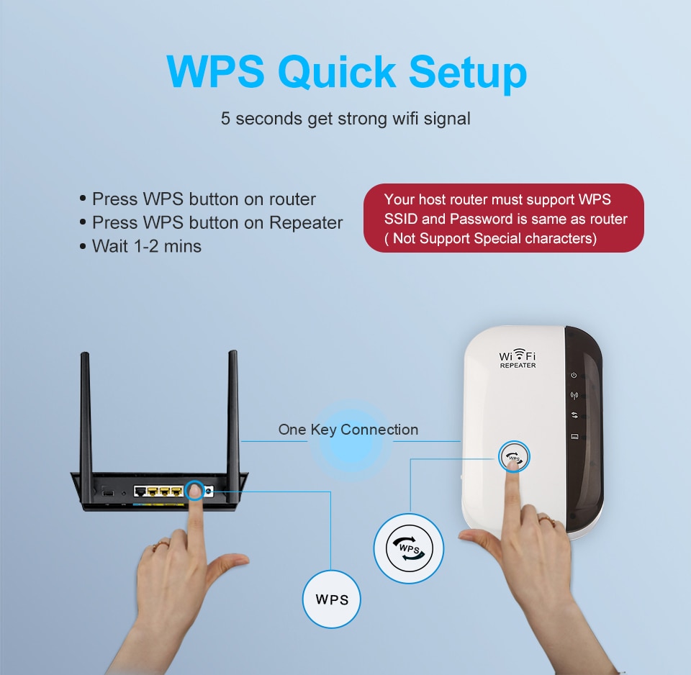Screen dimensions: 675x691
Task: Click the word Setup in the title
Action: [x=468, y=73]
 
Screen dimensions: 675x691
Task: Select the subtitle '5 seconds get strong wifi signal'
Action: [x=345, y=118]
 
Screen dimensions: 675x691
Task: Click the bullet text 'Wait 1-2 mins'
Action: [x=146, y=246]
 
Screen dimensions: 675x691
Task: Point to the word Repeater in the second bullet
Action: [x=306, y=223]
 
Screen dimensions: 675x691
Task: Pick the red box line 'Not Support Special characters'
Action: [x=494, y=238]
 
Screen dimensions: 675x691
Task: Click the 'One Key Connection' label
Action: [x=348, y=430]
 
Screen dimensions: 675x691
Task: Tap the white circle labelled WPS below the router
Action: [x=331, y=599]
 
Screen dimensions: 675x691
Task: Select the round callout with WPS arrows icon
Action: [x=409, y=548]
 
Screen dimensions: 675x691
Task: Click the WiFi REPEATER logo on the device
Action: [x=518, y=359]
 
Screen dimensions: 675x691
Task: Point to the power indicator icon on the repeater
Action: [x=574, y=375]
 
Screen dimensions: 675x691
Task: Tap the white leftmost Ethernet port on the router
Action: [x=140, y=491]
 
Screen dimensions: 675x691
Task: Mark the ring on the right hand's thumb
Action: [x=546, y=519]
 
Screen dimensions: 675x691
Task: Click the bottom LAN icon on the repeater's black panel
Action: [x=574, y=437]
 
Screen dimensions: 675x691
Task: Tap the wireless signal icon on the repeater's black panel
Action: [x=574, y=395]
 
